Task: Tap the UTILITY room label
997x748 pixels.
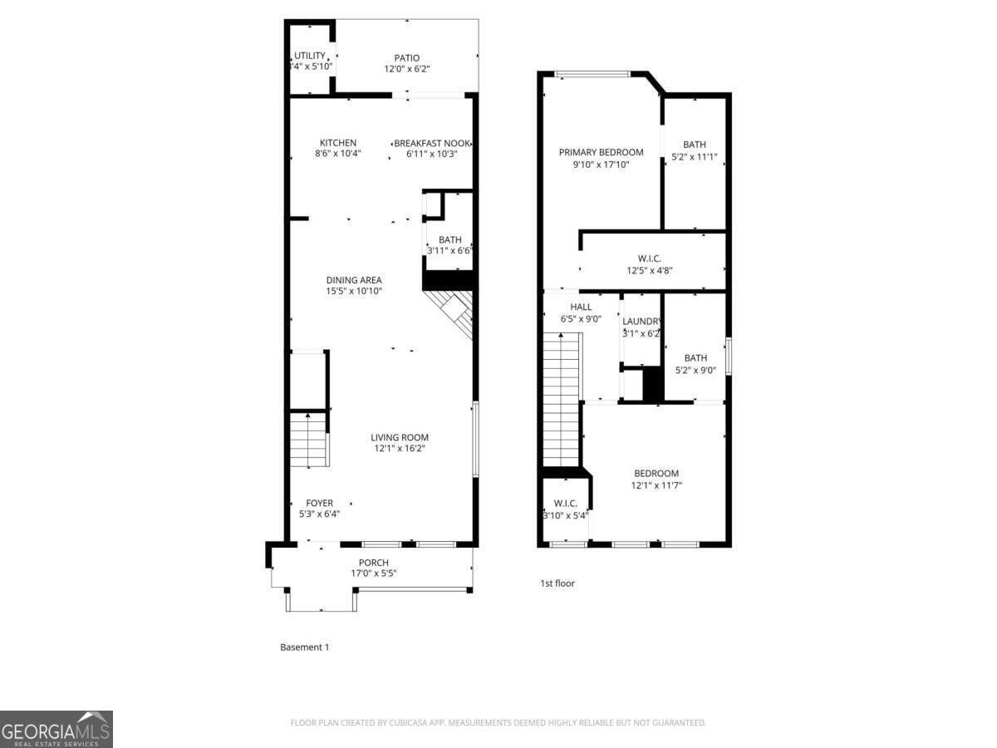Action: point(309,56)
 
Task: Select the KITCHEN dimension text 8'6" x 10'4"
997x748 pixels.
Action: point(338,154)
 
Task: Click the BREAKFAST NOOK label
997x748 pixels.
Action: point(432,143)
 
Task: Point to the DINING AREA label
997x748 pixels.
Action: point(354,280)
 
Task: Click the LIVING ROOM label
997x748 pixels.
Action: point(400,437)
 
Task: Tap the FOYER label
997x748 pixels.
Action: point(319,503)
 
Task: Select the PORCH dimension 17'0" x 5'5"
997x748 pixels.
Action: point(373,573)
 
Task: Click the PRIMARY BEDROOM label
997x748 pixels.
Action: point(601,152)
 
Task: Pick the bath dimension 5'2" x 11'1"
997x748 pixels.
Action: point(695,156)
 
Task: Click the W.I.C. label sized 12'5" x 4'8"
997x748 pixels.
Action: point(650,258)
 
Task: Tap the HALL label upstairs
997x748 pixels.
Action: point(581,307)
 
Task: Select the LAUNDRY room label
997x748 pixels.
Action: point(641,322)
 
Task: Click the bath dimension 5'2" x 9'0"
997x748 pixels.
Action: point(695,371)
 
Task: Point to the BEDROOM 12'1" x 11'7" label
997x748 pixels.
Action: point(656,473)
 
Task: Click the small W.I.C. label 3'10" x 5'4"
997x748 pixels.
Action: point(565,503)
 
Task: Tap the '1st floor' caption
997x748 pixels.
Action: point(557,583)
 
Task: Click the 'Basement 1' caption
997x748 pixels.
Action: point(304,647)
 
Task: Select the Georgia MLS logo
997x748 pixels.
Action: point(56,729)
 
